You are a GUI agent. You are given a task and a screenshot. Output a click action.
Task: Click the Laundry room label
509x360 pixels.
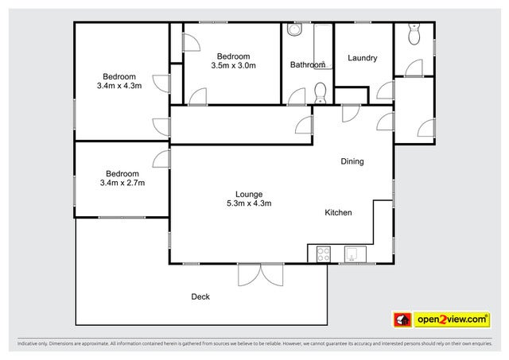click(363, 58)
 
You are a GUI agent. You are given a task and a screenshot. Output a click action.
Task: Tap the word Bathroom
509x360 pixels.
click(307, 64)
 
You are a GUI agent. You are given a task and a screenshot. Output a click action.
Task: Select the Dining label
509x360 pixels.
click(352, 161)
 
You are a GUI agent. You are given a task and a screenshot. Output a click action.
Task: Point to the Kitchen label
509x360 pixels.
click(338, 213)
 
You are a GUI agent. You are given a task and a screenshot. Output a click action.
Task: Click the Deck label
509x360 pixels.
click(200, 296)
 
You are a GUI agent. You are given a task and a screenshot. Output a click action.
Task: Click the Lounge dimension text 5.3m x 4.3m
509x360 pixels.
click(248, 203)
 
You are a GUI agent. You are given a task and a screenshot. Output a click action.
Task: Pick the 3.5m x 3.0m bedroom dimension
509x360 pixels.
click(234, 66)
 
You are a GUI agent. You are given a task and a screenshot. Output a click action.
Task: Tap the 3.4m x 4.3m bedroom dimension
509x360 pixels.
click(119, 85)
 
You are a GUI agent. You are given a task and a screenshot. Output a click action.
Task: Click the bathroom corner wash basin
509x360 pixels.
click(294, 31)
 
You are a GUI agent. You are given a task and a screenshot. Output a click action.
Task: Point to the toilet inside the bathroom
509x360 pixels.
click(320, 93)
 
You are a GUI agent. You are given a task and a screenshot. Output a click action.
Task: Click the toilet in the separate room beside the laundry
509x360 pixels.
click(413, 34)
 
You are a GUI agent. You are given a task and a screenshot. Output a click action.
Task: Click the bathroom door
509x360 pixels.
click(297, 97)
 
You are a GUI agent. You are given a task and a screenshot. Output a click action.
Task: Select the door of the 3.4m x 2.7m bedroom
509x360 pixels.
click(162, 158)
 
